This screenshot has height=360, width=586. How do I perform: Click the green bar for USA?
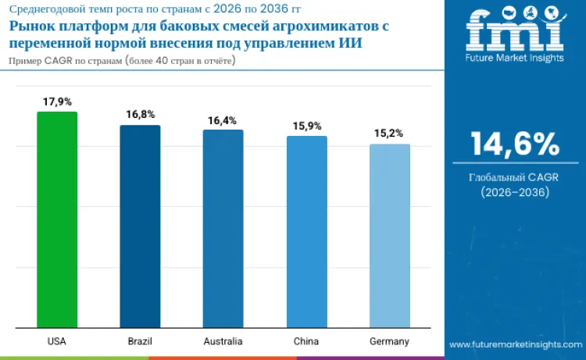(57, 219)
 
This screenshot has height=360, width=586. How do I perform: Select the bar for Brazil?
(140, 226)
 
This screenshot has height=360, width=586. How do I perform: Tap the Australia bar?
(223, 229)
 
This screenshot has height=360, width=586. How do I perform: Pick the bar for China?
(306, 232)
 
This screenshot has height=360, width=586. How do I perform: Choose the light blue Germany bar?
(389, 236)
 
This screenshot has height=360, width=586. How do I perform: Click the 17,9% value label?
(57, 102)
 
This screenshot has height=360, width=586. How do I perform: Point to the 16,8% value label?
(140, 115)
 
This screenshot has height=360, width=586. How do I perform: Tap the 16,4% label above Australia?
(223, 120)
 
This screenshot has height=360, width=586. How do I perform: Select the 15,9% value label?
(306, 126)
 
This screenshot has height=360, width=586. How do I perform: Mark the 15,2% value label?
(389, 134)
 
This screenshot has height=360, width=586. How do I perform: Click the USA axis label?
(57, 342)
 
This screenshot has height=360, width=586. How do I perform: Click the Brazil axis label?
(140, 342)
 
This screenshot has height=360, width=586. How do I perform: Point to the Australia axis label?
(223, 342)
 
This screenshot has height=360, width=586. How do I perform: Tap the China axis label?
(306, 342)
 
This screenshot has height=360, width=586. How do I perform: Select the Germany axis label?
(389, 342)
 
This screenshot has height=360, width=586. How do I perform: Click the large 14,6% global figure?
(515, 144)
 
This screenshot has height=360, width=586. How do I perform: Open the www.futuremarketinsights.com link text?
(515, 344)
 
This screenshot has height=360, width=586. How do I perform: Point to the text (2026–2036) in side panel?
(515, 192)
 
